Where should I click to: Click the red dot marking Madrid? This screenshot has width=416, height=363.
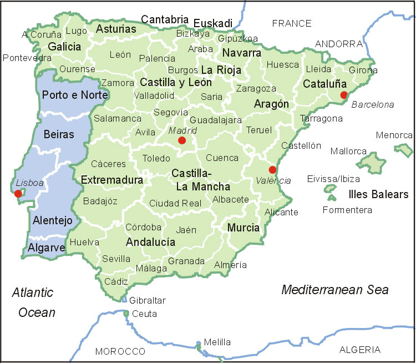point(182,141)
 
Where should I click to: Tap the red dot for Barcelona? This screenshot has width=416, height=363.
point(344,94)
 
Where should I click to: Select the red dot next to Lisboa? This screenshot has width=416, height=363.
point(18,193)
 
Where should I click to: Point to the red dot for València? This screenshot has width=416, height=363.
point(272,170)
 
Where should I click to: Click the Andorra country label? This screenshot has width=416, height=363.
point(338,43)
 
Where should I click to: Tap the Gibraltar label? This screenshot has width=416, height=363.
point(148,300)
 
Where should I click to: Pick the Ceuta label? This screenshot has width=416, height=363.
point(144,314)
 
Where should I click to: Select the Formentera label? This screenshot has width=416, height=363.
point(347,210)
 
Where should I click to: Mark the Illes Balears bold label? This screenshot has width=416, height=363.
point(378,194)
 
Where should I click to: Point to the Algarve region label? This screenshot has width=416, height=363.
point(47,248)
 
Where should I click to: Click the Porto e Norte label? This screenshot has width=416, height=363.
point(67,94)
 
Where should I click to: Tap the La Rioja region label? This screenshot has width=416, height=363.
point(221,70)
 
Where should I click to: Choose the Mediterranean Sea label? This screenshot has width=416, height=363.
point(335,289)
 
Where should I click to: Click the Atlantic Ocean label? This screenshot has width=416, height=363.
point(34,302)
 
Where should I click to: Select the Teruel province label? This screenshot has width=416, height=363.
point(259,130)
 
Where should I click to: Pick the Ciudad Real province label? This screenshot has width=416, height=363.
point(175,203)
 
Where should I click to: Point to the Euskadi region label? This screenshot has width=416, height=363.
point(213,23)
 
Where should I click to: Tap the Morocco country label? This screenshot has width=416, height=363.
point(120,351)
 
